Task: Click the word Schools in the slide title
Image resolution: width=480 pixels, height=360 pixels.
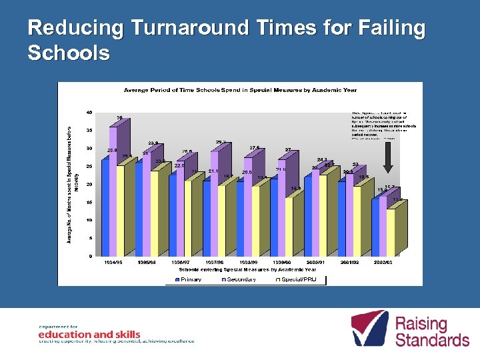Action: point(68,53)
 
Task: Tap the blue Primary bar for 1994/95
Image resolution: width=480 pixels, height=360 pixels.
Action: point(105,207)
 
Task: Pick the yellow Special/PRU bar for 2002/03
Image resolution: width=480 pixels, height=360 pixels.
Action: point(390,233)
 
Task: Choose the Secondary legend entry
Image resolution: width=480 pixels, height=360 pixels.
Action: point(239,280)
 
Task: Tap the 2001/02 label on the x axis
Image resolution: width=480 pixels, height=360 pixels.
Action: point(349,263)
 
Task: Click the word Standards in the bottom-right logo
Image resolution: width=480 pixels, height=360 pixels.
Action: point(432,340)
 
